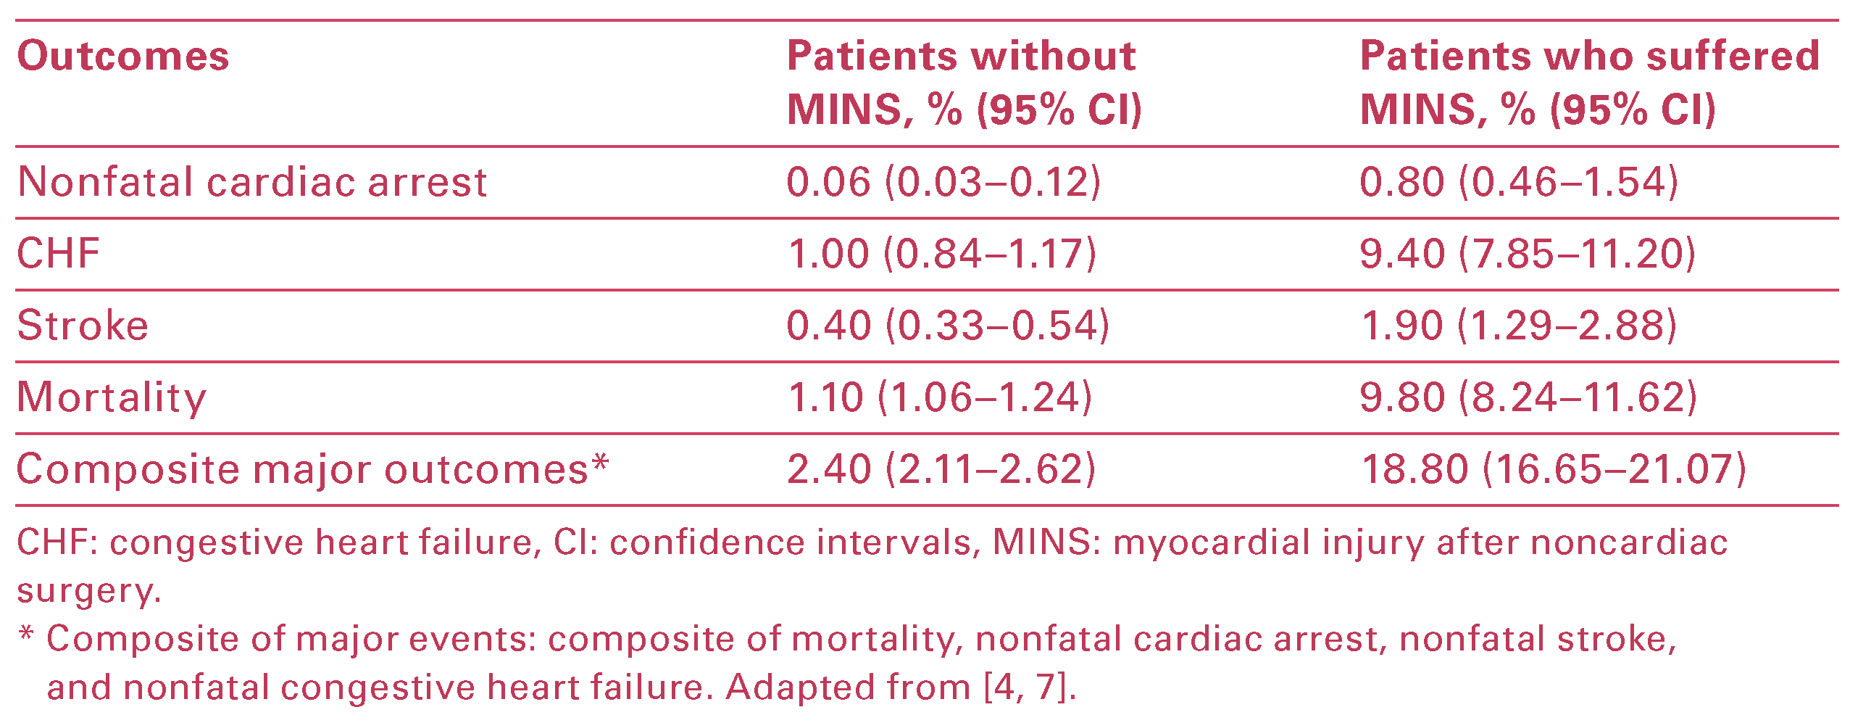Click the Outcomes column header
click(x=122, y=57)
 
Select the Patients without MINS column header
click(x=963, y=83)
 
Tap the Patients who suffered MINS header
click(x=1588, y=83)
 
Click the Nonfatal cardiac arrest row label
click(x=252, y=182)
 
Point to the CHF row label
click(x=59, y=254)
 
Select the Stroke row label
click(x=83, y=326)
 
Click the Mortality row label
click(x=112, y=397)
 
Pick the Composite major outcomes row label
click(x=312, y=469)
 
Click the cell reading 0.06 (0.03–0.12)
click(x=943, y=182)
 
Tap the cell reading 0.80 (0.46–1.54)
click(x=1519, y=182)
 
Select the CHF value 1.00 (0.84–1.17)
click(x=942, y=254)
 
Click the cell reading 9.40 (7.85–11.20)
click(x=1528, y=254)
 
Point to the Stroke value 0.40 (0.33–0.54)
click(x=948, y=326)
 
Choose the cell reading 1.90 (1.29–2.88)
click(x=1519, y=326)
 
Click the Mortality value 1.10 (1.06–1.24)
click(x=939, y=397)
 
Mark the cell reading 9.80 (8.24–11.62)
click(x=1528, y=397)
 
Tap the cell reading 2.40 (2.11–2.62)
click(x=941, y=469)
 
